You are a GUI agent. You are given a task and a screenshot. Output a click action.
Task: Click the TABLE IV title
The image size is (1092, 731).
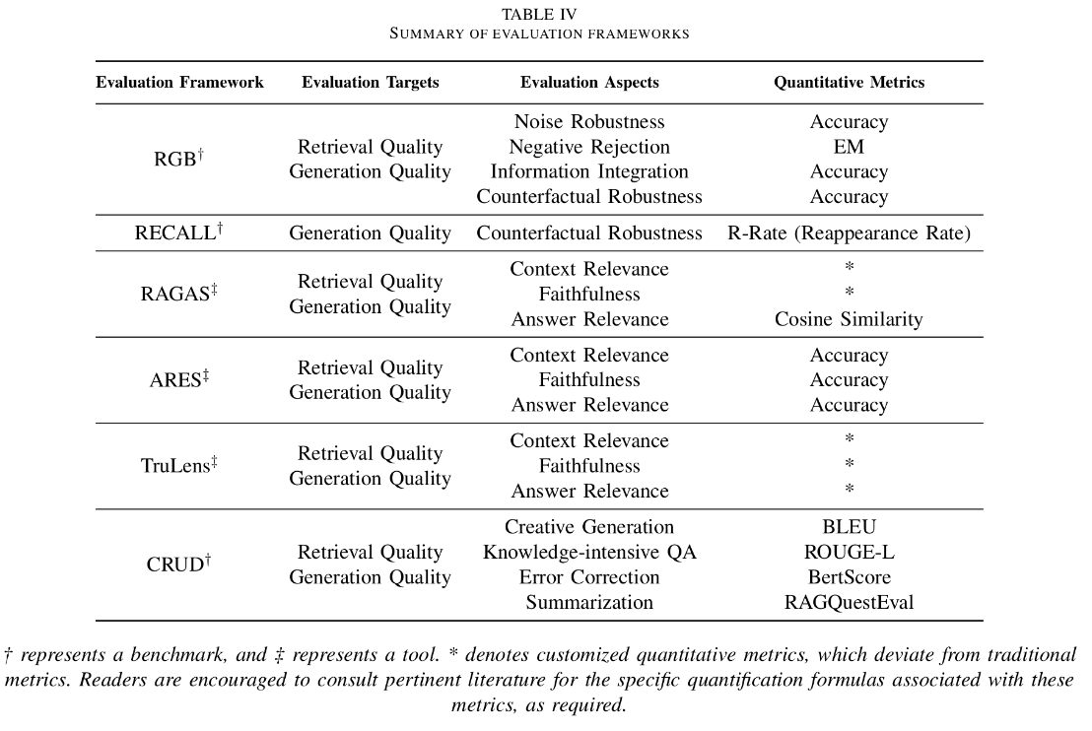tap(539, 14)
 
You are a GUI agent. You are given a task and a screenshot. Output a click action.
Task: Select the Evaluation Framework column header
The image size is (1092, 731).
tap(179, 83)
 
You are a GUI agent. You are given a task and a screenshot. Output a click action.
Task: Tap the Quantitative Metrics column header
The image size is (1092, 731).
tap(849, 83)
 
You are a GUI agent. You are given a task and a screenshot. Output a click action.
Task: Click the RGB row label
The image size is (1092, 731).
tap(178, 160)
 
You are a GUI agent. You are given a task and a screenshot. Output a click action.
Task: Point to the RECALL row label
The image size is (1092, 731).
tap(178, 233)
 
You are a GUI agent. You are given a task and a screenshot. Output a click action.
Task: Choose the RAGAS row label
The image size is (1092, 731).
tap(178, 295)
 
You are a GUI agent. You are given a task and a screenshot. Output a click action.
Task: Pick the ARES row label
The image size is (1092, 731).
tap(178, 380)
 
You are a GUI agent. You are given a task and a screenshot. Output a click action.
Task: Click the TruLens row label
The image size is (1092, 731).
tap(178, 466)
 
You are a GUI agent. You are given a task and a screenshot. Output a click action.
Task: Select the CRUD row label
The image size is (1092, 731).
tap(178, 565)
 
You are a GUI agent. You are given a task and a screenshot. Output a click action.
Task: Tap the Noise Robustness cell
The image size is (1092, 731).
tap(589, 122)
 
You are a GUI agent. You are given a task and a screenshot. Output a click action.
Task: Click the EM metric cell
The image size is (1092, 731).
tap(849, 147)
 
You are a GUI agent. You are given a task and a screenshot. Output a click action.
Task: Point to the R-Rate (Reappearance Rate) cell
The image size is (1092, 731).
tap(849, 233)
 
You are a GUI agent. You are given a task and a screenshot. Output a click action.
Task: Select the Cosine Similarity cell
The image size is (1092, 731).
tap(849, 319)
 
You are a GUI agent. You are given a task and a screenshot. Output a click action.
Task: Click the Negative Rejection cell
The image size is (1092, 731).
tap(589, 147)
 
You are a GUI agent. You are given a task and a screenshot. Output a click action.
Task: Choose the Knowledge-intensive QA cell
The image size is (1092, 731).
tap(589, 553)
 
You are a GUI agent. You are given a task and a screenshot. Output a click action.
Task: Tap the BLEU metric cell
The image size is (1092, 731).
tap(849, 527)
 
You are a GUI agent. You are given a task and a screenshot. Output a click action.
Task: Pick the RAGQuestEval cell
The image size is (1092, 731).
tap(849, 602)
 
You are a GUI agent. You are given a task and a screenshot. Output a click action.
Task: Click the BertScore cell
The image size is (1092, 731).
tap(849, 577)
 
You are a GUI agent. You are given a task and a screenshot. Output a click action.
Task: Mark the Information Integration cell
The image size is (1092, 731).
tap(589, 171)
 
